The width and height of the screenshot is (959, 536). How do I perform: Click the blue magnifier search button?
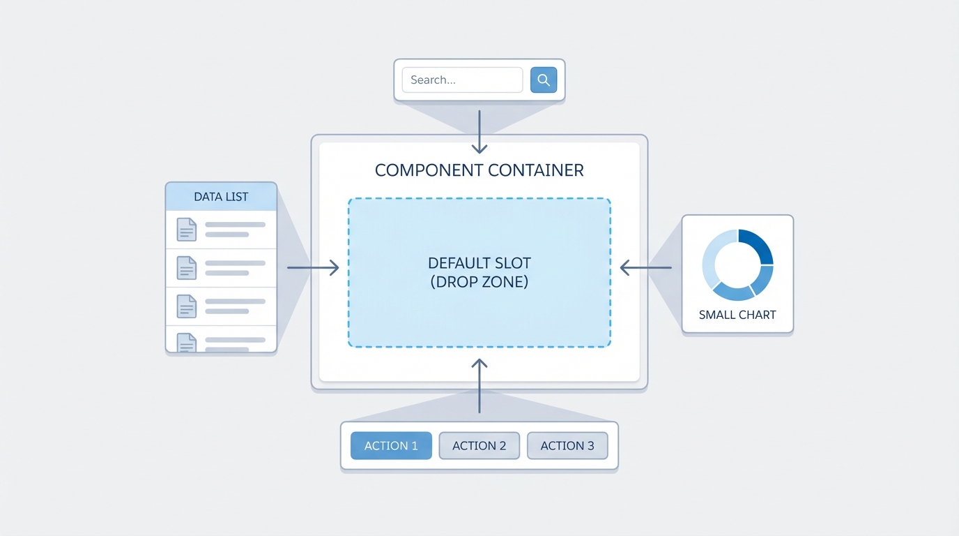pyautogui.click(x=544, y=80)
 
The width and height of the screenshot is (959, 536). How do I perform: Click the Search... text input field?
pyautogui.click(x=462, y=80)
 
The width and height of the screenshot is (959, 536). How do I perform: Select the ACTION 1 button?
pyautogui.click(x=391, y=446)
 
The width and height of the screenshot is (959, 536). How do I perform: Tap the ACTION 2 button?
pyautogui.click(x=479, y=446)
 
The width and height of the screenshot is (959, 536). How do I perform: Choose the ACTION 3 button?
pyautogui.click(x=567, y=446)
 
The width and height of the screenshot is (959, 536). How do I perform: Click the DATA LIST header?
pyautogui.click(x=221, y=197)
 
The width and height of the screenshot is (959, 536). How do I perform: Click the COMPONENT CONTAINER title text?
pyautogui.click(x=479, y=170)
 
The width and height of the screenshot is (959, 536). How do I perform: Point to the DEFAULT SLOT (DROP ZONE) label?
pyautogui.click(x=479, y=273)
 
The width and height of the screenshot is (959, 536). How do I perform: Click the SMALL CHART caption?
pyautogui.click(x=737, y=315)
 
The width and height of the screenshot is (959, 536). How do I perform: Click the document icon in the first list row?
pyautogui.click(x=186, y=229)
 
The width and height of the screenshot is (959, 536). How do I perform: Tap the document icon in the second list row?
pyautogui.click(x=186, y=267)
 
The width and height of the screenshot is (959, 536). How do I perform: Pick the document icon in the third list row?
pyautogui.click(x=186, y=306)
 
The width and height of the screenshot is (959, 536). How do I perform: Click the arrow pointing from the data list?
pyautogui.click(x=313, y=267)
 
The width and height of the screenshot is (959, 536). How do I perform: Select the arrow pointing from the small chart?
pyautogui.click(x=645, y=267)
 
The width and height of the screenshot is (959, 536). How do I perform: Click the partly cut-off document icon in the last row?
pyautogui.click(x=186, y=342)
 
